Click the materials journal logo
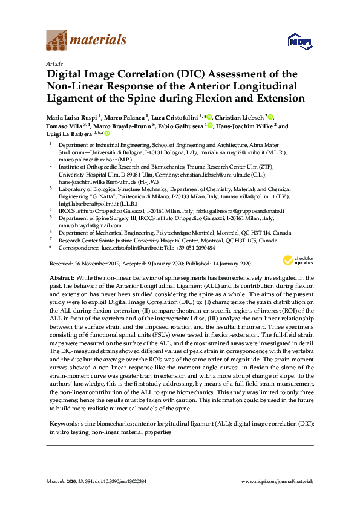click(x=87, y=41)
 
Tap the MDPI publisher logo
click(x=300, y=41)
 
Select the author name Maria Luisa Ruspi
click(x=72, y=117)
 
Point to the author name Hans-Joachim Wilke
click(x=243, y=126)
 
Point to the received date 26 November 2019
click(x=93, y=264)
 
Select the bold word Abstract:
click(x=62, y=276)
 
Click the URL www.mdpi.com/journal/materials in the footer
click(x=277, y=481)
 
